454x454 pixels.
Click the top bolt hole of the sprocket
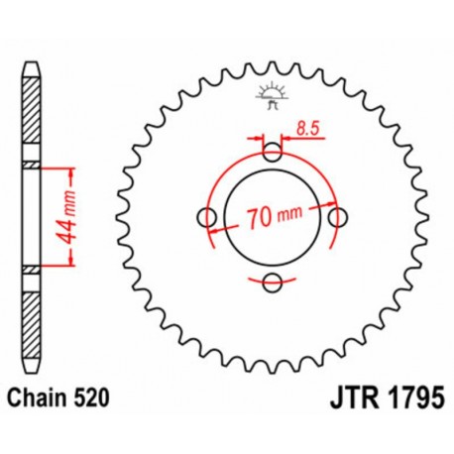(274, 152)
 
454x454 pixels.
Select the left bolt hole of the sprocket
(208, 217)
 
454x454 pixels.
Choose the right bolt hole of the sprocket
(339, 217)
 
